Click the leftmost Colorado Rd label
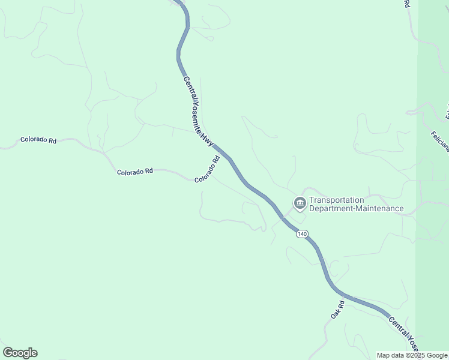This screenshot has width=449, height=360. pyautogui.click(x=38, y=140)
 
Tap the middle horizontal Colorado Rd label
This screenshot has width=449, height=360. pyautogui.click(x=134, y=172)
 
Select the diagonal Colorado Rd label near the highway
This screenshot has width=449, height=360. pyautogui.click(x=207, y=169)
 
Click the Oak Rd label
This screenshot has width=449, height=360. pyautogui.click(x=337, y=310)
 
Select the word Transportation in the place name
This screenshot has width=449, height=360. pyautogui.click(x=336, y=200)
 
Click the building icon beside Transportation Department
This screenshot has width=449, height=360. pyautogui.click(x=300, y=204)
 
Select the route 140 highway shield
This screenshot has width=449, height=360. pyautogui.click(x=302, y=233)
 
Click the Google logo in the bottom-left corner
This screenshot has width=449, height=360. pyautogui.click(x=20, y=353)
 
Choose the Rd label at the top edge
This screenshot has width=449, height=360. pyautogui.click(x=406, y=4)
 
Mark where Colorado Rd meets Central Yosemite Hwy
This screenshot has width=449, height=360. pyautogui.click(x=223, y=155)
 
